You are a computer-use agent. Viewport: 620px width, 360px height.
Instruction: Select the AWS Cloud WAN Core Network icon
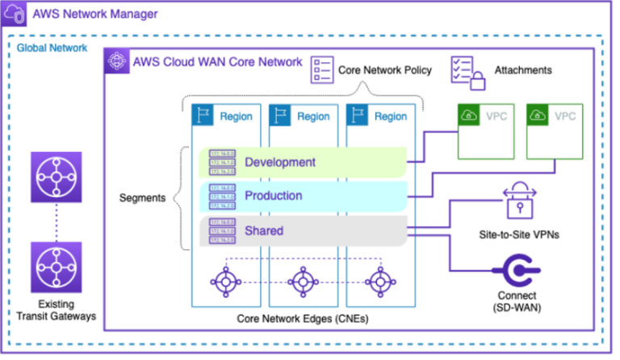(118, 61)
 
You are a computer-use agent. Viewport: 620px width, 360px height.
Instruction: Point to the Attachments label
(522, 70)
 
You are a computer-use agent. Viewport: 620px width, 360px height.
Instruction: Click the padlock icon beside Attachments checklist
(479, 79)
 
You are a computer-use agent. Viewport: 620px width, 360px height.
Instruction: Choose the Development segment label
(279, 162)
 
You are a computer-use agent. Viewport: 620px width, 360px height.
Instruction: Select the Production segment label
(274, 196)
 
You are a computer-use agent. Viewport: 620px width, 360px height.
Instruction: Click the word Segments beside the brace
(143, 198)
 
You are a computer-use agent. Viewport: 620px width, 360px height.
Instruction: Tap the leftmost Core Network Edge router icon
(224, 281)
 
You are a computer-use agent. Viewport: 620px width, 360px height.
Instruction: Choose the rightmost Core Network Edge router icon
(379, 281)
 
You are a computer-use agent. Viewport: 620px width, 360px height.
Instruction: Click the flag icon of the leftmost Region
(201, 115)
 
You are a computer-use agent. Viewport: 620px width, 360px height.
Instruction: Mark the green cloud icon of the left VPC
(469, 115)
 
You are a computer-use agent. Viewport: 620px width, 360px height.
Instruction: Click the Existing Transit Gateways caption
(56, 309)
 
